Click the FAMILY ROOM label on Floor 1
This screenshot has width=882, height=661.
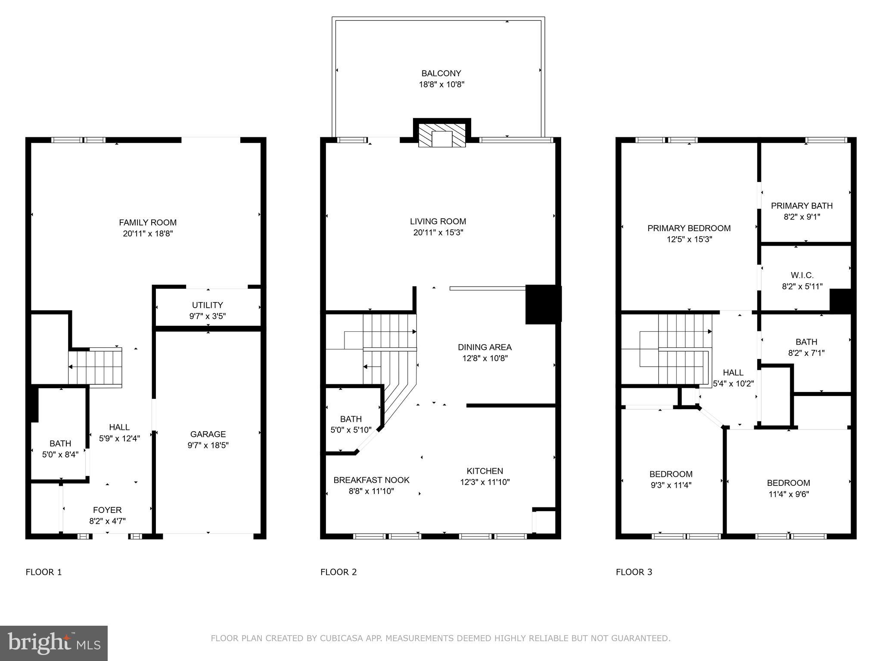148,222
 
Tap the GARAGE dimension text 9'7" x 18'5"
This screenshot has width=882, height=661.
208,445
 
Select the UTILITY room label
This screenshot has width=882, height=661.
207,305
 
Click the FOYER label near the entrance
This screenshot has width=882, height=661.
107,510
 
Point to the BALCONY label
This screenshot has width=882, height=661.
441,74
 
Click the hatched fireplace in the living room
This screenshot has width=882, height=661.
442,136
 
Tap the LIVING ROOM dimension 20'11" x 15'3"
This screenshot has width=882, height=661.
438,233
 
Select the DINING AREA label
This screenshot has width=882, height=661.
484,347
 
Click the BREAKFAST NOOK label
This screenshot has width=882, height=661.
371,480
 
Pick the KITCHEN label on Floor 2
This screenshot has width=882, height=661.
484,471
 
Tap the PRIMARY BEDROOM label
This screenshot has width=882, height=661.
689,229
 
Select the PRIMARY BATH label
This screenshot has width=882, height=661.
801,206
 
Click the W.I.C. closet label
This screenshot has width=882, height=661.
802,275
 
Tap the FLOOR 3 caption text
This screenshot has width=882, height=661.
634,572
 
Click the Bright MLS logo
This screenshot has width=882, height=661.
54,643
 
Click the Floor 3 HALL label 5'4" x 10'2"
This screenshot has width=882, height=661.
733,378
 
